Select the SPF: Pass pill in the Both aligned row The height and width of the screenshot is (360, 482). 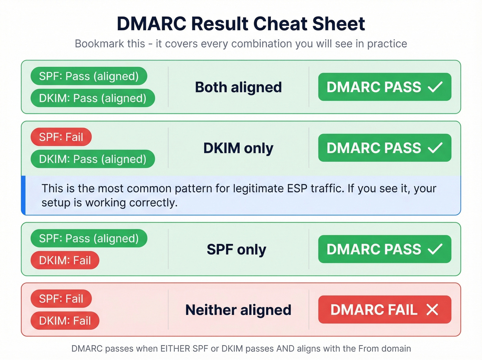89,76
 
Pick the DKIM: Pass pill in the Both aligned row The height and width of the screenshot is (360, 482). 93,98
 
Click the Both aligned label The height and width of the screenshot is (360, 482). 238,87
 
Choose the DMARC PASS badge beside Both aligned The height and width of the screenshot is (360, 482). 384,87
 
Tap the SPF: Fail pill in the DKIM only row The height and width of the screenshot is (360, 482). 61,137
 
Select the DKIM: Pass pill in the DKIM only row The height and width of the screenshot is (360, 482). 93,159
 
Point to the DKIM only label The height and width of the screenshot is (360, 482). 238,148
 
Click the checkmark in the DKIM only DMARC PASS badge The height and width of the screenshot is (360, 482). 435,148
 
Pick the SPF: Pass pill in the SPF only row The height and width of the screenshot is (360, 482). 89,238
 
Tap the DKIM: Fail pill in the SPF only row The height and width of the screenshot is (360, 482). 65,260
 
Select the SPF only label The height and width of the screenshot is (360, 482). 237,249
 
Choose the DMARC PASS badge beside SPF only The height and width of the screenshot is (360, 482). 384,249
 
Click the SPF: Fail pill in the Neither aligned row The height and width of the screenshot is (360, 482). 61,299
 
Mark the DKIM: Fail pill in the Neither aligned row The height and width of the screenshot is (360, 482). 65,321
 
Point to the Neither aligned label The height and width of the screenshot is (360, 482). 238,310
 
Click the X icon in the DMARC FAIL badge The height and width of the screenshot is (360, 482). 432,310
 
